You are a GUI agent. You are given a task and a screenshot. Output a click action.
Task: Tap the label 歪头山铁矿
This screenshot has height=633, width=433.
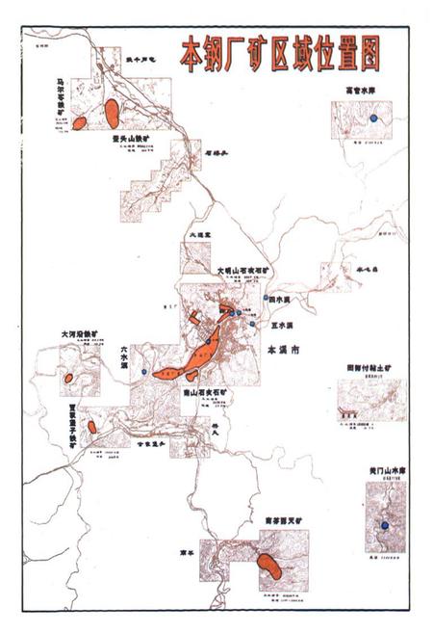point(132,139)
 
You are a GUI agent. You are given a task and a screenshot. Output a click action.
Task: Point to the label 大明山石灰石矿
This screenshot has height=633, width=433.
point(242,271)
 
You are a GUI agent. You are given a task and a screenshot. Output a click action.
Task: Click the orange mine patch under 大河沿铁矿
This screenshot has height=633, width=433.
point(69,378)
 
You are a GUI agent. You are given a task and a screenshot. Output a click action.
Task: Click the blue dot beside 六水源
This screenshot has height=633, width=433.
point(143,372)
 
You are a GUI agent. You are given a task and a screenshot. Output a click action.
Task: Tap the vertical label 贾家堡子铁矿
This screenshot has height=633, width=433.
point(72,427)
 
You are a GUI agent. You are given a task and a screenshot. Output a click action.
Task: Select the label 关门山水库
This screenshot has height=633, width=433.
point(384,470)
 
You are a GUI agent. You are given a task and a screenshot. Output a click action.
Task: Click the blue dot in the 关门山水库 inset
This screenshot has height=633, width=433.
point(384,524)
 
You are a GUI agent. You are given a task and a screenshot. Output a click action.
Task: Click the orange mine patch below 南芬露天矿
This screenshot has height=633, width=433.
point(269,566)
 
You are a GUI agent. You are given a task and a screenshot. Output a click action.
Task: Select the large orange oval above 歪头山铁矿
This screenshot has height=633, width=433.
point(113,110)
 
